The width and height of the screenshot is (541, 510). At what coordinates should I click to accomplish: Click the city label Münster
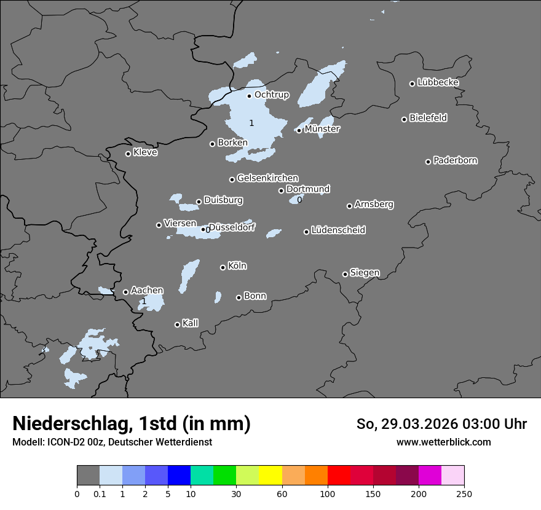[x=322, y=129]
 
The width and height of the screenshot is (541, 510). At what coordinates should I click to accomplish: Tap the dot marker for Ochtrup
[x=249, y=95]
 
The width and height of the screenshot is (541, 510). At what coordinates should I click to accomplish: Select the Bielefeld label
[x=428, y=117]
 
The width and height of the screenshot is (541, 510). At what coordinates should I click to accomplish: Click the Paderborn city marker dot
[x=428, y=162]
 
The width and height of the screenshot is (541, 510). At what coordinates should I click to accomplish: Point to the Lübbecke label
[x=438, y=82]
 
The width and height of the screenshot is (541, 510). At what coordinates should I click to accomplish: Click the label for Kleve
[x=145, y=152]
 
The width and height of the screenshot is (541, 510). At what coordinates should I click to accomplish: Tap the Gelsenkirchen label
[x=267, y=178]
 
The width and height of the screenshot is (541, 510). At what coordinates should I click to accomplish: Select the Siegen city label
[x=365, y=273]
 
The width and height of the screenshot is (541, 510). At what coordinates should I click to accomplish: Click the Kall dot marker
[x=177, y=324]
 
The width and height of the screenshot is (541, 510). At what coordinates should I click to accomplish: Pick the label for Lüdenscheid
[x=338, y=230]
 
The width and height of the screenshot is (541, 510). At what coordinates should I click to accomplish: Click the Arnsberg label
[x=374, y=204]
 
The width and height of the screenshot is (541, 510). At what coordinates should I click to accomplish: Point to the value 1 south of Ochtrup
[x=251, y=124]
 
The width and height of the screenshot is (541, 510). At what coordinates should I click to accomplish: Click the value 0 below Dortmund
[x=299, y=200]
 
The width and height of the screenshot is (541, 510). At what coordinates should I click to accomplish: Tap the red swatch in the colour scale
[x=339, y=476]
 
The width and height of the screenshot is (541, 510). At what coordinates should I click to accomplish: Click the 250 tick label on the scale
[x=464, y=493]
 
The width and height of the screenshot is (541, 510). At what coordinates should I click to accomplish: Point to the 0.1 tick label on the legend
[x=100, y=493]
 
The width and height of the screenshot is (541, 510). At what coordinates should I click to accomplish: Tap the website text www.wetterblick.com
[x=443, y=442]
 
